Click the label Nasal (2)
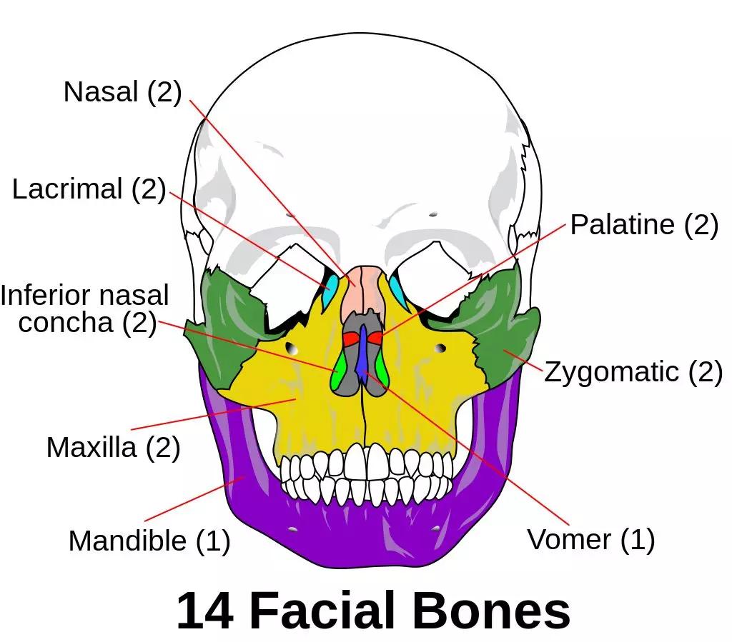[x=122, y=92]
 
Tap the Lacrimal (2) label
[x=89, y=189]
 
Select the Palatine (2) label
[x=643, y=225]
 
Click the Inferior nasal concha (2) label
[x=84, y=309]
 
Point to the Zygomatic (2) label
[x=633, y=372]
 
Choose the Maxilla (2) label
[x=113, y=448]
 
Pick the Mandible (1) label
[x=149, y=541]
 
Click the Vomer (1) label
[x=590, y=539]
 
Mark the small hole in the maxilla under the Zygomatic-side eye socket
[x=441, y=348]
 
